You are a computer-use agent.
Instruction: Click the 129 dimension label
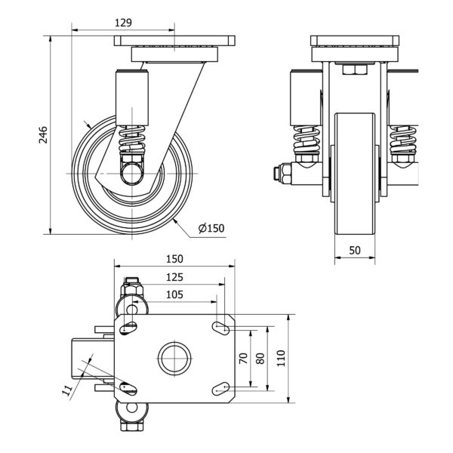coord(123,23)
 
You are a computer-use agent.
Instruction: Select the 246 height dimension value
coord(43,134)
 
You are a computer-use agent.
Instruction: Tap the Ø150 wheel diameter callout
coord(211,228)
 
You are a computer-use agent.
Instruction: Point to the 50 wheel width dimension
coord(355,250)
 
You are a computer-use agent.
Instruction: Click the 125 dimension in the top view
coord(174,277)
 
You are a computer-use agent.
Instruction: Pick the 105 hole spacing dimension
coord(174,294)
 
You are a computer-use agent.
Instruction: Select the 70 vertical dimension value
coord(244,358)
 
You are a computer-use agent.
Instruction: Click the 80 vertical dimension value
coord(260,358)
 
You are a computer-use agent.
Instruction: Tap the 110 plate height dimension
coord(281,358)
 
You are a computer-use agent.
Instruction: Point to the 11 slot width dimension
coord(67,390)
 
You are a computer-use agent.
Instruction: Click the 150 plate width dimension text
coord(174,259)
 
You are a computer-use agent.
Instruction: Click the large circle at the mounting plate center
coord(174,359)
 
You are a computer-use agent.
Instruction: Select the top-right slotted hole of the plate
coord(221,328)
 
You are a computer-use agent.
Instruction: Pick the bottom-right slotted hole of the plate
coord(221,389)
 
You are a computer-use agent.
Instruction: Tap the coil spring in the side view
coord(132,139)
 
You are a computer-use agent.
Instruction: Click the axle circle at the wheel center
coord(132,174)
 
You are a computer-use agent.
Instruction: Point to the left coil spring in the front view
coord(307,140)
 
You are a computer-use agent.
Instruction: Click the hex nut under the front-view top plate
coord(355,69)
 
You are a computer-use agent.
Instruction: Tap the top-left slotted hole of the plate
coord(128,328)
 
